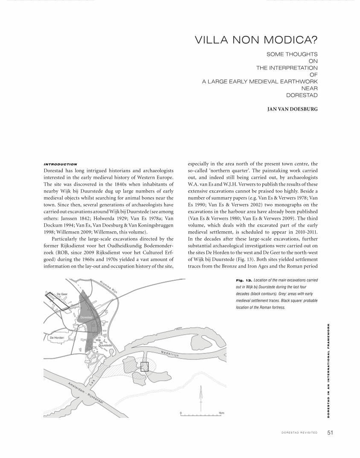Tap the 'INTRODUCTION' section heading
tap(60, 164)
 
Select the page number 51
tap(330, 432)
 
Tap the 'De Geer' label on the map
tap(62, 294)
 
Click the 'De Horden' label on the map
tap(57, 338)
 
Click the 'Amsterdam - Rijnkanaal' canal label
tap(85, 394)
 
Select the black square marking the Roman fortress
tap(145, 366)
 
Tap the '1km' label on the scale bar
tap(221, 413)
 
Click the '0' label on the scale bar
tap(181, 413)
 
